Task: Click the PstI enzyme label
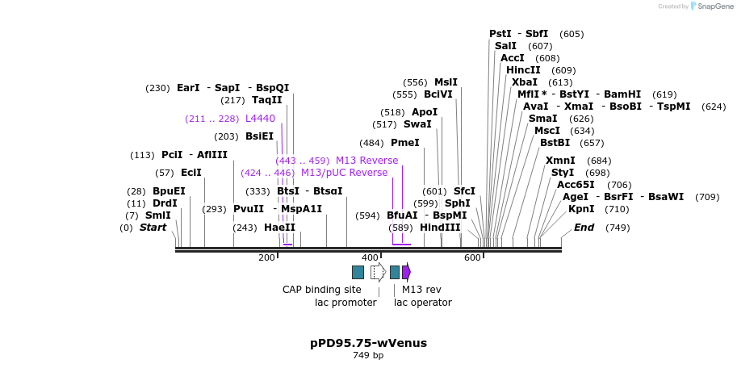pyautogui.click(x=500, y=34)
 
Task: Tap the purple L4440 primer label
pyautogui.click(x=260, y=119)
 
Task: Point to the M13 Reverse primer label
pyautogui.click(x=366, y=161)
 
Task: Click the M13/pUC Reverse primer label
pyautogui.click(x=344, y=173)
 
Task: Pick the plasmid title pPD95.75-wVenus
pyautogui.click(x=368, y=343)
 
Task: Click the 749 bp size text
pyautogui.click(x=368, y=356)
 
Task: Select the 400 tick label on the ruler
pyautogui.click(x=370, y=257)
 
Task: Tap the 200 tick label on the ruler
pyautogui.click(x=266, y=257)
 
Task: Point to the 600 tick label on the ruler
pyautogui.click(x=473, y=257)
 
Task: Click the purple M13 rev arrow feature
pyautogui.click(x=406, y=272)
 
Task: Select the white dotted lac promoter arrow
pyautogui.click(x=378, y=272)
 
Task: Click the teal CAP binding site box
pyautogui.click(x=358, y=272)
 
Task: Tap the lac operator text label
pyautogui.click(x=423, y=303)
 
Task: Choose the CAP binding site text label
pyautogui.click(x=322, y=290)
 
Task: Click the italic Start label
pyautogui.click(x=153, y=228)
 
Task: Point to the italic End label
pyautogui.click(x=584, y=228)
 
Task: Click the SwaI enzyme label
pyautogui.click(x=417, y=124)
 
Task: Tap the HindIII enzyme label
pyautogui.click(x=440, y=228)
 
